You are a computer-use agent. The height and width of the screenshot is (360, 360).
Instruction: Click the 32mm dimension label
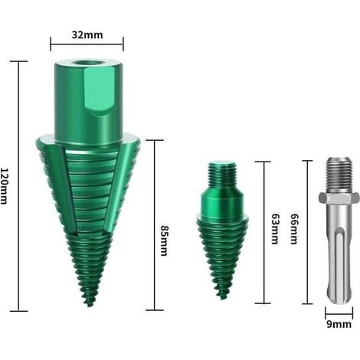(x=87, y=34)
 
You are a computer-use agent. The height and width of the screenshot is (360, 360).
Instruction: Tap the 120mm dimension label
(x=5, y=186)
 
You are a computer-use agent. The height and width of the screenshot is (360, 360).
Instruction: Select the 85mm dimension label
(x=164, y=241)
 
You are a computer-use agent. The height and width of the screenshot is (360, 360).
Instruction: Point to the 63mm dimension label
(x=275, y=229)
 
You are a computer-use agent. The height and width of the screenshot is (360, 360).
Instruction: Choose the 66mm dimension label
(x=294, y=229)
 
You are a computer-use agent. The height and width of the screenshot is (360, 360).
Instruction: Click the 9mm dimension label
(x=339, y=324)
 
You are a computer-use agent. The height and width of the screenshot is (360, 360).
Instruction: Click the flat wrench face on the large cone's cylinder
(x=99, y=90)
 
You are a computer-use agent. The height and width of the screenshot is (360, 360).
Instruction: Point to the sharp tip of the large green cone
(x=88, y=306)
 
